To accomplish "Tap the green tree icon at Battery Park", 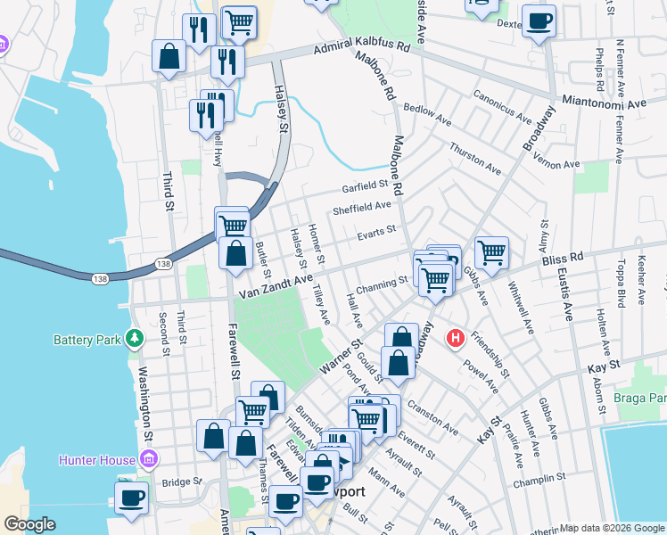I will pos(134,338).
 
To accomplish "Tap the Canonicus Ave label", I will pos(503,103).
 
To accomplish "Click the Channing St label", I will pos(381,284).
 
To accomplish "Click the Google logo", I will pos(29,524).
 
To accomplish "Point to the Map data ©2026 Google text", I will pos(612,528).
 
